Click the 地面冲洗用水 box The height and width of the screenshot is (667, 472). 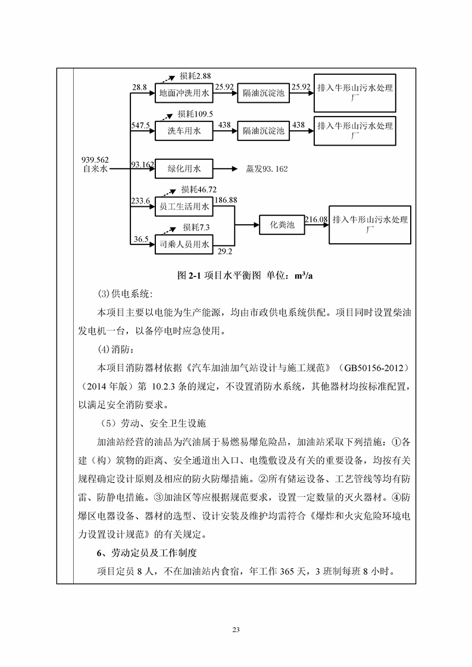184,93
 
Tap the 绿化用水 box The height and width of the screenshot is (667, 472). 184,169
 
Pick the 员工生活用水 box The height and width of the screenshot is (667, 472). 184,207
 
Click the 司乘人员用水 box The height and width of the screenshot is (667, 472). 184,244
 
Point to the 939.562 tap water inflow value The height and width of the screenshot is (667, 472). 95,159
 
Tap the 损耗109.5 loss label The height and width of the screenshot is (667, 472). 195,114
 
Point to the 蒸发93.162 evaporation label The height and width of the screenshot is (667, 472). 267,169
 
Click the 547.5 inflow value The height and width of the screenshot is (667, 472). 140,125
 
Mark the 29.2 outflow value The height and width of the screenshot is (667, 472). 224,251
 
